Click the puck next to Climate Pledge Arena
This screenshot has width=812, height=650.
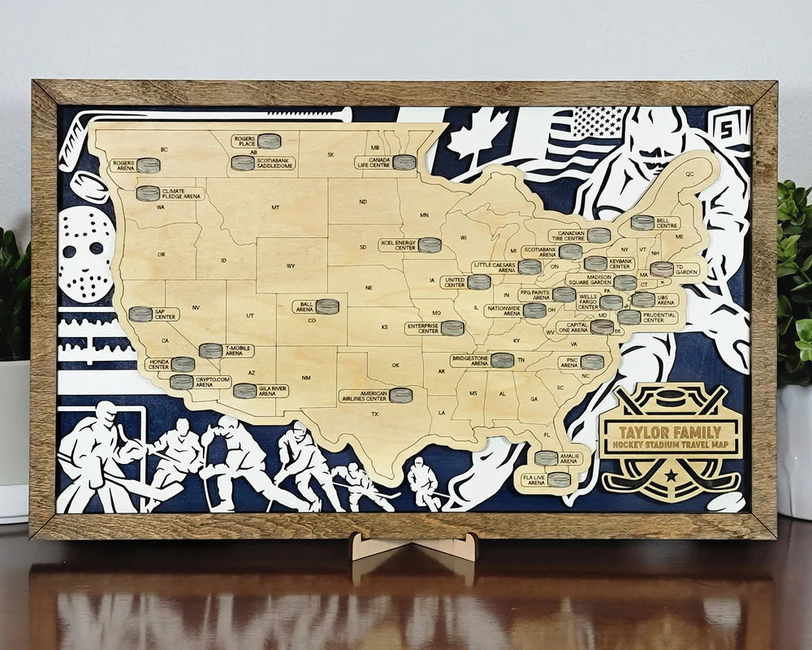[148, 193]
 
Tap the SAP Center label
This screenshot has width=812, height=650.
[166, 314]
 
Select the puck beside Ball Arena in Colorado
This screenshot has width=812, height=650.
[327, 306]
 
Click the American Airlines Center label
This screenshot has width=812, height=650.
[365, 396]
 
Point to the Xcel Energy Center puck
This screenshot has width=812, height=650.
[430, 245]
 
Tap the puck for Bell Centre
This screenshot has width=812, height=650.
[642, 222]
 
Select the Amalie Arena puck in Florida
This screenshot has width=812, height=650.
[546, 458]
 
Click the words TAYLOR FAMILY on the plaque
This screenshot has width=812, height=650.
[670, 432]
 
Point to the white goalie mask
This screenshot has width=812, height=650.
[87, 251]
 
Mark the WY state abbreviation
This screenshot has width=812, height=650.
[291, 266]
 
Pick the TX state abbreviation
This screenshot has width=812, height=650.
[375, 414]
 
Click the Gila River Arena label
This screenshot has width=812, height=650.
[272, 390]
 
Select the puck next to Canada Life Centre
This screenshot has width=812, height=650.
[404, 162]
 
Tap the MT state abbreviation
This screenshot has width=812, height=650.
[275, 207]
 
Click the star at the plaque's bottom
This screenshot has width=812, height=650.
[672, 471]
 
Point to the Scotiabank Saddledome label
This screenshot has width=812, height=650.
[274, 163]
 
